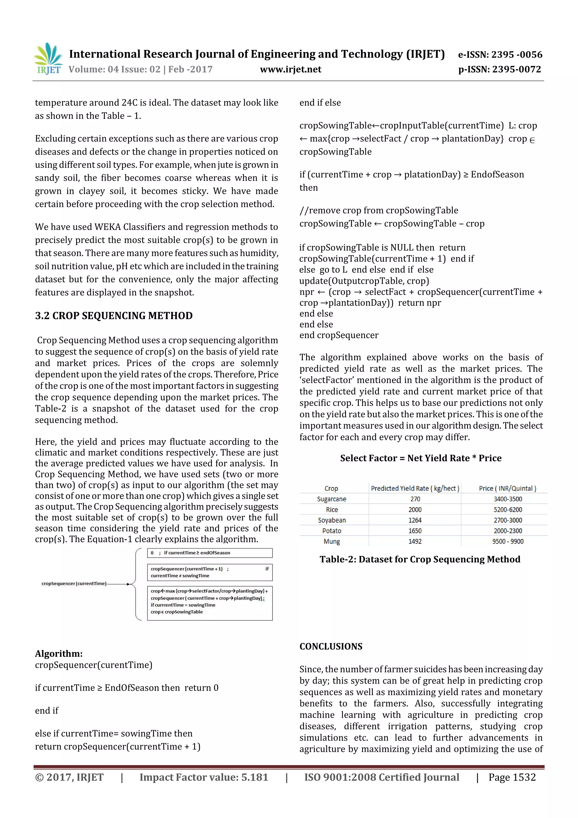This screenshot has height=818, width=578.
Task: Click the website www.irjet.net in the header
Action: point(291,69)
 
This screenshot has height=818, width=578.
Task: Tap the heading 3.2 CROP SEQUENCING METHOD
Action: point(114,316)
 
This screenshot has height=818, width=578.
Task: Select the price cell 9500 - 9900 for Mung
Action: point(507,542)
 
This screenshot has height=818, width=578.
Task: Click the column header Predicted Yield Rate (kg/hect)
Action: point(415,488)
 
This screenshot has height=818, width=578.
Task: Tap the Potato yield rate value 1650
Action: point(415,531)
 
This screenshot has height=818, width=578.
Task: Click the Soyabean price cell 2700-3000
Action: point(507,520)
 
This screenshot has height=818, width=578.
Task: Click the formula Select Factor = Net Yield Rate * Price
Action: point(420,458)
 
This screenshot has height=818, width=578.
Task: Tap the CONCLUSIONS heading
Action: point(330,647)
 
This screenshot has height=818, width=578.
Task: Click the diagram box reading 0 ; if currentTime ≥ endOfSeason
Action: point(209,553)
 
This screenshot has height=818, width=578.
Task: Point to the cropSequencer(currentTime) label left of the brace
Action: point(74,584)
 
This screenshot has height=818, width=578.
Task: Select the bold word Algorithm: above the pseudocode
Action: point(59,654)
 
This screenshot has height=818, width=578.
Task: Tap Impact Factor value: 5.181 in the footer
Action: point(204,777)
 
